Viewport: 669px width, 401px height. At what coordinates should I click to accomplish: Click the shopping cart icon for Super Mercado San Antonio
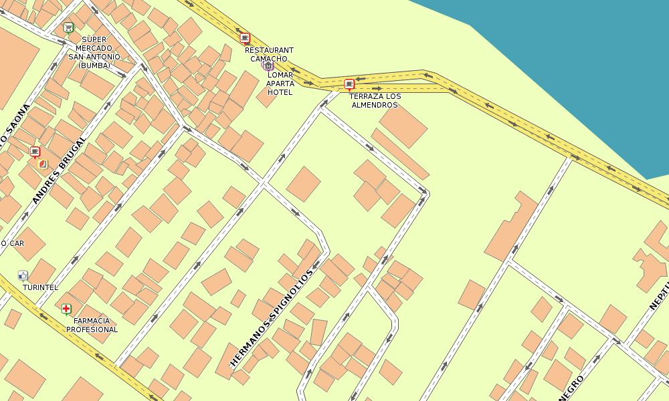coord(68,27)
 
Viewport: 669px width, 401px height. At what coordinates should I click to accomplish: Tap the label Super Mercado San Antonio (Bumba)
coord(94,52)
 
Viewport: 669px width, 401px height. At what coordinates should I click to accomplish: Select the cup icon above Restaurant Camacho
coord(245,38)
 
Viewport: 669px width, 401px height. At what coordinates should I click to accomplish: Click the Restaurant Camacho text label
coord(269,54)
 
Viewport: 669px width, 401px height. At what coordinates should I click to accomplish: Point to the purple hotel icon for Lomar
coord(268,65)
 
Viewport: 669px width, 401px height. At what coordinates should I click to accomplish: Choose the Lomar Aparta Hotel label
coord(280,84)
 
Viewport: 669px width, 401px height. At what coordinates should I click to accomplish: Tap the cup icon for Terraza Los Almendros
coord(349,84)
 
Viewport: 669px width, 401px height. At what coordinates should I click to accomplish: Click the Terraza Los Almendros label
coord(375,101)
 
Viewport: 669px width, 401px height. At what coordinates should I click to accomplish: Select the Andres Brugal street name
coord(60,170)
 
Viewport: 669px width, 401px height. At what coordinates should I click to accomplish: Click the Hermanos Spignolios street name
coord(272,319)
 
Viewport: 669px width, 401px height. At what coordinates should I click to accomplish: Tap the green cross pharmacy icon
coord(66,308)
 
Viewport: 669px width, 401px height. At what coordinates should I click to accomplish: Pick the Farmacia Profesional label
coord(92,325)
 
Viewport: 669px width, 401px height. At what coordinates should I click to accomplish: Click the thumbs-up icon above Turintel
coord(23,275)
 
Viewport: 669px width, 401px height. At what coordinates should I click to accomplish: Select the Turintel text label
coord(40,287)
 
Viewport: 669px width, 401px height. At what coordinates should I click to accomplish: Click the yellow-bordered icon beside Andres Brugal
coord(43,164)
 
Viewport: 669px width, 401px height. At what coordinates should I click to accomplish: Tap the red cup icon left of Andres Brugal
coord(35,152)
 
